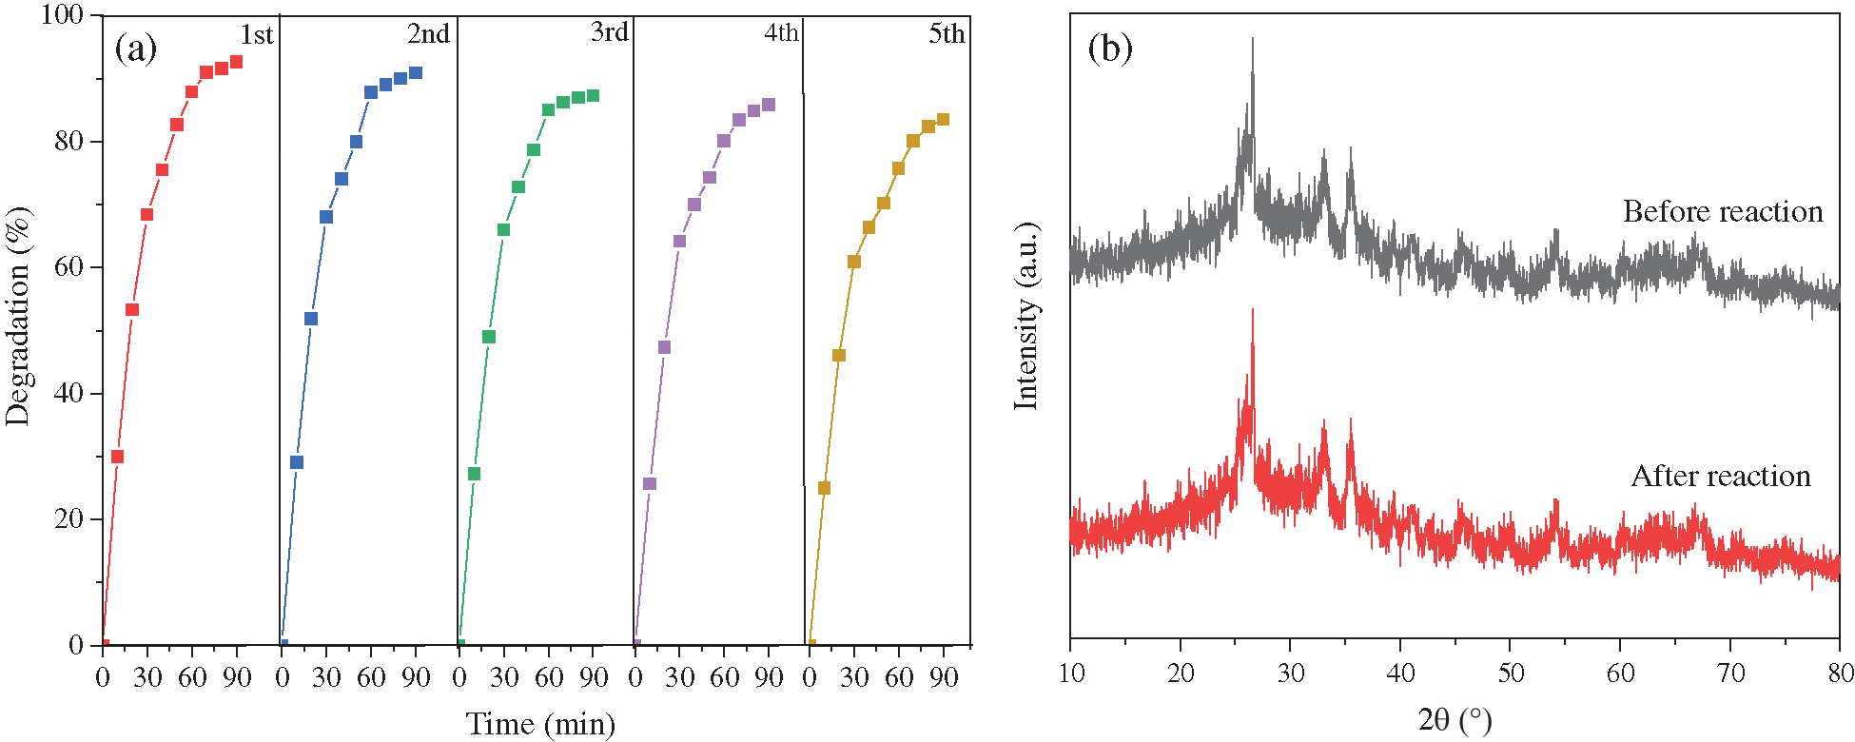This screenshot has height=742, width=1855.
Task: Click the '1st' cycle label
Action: tap(256, 35)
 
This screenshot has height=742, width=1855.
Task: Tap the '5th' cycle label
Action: tap(947, 34)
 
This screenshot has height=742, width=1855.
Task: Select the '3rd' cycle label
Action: tap(610, 32)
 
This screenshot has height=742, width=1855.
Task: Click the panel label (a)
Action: tap(135, 47)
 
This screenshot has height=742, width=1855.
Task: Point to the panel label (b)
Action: tap(1110, 47)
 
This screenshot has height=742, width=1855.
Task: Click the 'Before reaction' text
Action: tap(1723, 211)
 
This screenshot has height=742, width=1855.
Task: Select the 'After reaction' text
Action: tap(1721, 476)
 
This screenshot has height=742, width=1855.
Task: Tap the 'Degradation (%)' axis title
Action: tap(19, 316)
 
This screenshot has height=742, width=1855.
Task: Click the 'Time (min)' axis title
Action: tap(540, 724)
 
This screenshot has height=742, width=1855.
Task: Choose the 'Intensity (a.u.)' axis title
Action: tap(1025, 317)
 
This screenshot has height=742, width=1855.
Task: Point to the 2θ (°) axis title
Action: tap(1455, 720)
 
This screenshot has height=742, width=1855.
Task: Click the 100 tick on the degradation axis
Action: tap(63, 15)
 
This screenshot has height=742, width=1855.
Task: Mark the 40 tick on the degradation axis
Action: tap(68, 393)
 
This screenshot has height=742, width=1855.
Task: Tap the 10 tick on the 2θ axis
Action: tap(1071, 674)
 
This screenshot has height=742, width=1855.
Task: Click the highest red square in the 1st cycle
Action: tap(236, 62)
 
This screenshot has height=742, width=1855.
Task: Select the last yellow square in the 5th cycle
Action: tap(943, 120)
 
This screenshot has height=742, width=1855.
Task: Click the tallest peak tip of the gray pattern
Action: tap(1252, 39)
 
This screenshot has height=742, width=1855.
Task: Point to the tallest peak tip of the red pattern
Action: tap(1252, 310)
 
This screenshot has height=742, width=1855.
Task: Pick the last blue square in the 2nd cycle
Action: tap(415, 73)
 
